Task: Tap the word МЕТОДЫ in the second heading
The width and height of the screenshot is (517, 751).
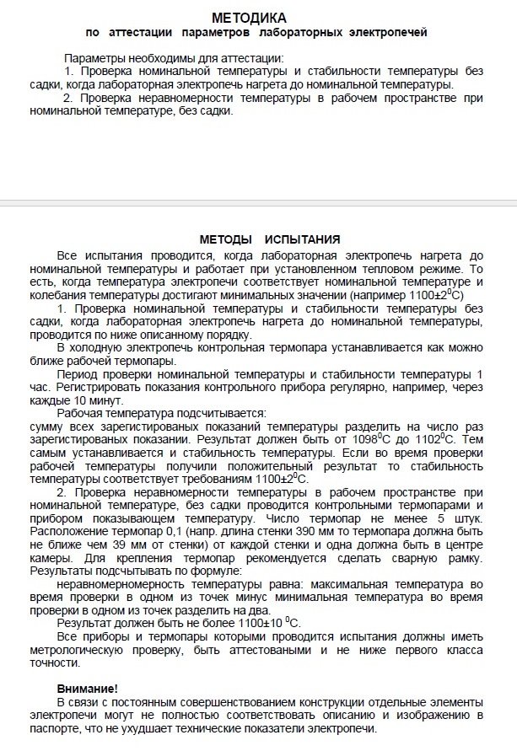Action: pos(225,239)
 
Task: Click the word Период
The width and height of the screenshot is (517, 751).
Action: pos(77,373)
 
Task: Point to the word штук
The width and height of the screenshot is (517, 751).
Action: pos(466,518)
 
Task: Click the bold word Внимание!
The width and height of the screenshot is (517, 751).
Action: pos(88,689)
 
